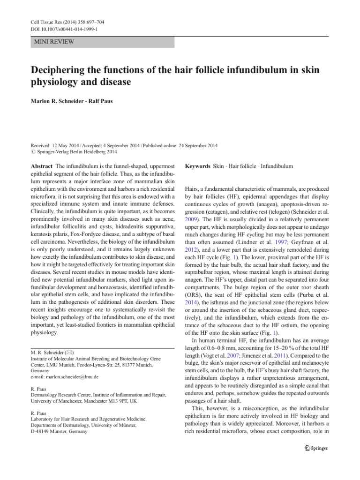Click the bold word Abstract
coord(41,166)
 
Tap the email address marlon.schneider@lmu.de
coord(72,376)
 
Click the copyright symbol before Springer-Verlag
coord(32,152)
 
